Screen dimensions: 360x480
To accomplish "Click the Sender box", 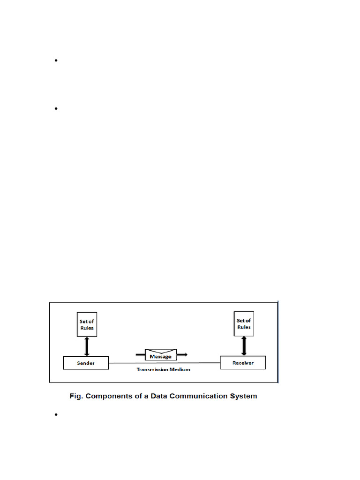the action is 86,363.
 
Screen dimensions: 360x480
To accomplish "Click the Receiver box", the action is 243,362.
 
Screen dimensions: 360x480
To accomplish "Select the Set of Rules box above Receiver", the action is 243,324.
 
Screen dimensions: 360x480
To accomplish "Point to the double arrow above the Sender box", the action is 86,346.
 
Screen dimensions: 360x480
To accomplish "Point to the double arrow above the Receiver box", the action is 243,346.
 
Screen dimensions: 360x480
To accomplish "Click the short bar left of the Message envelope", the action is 140,355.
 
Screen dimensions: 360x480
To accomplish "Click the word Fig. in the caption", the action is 76,396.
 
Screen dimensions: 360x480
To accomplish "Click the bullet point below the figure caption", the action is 56,415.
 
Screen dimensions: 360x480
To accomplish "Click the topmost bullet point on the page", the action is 56,60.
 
